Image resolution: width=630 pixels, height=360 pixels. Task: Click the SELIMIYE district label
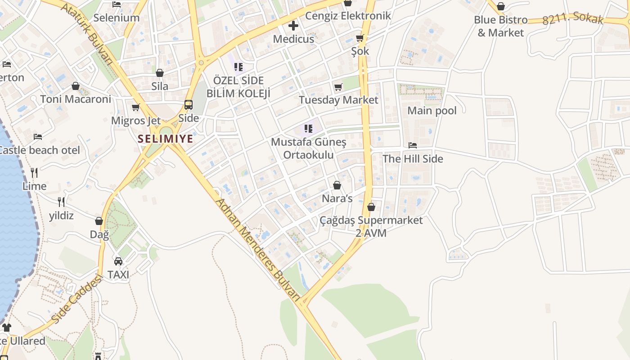point(166,139)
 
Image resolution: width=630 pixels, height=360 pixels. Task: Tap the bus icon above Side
point(189,105)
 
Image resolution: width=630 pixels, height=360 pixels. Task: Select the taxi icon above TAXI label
point(118,261)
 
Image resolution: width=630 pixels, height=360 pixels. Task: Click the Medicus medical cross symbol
point(293,26)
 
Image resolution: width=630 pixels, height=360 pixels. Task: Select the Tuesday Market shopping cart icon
point(338,87)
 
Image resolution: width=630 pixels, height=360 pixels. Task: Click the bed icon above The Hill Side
point(413,145)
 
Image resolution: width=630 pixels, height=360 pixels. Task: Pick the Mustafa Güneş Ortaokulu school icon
point(308,129)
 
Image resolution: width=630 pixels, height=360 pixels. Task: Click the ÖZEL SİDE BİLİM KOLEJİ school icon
point(238,67)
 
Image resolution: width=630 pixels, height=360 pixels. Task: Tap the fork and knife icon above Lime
point(34,172)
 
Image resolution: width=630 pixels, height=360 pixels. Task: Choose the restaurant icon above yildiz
point(61,202)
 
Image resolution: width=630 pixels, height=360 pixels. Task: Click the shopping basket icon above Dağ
point(99,221)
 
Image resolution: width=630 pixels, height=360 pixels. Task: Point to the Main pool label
point(432,111)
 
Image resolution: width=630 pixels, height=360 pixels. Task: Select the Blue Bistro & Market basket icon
point(500,6)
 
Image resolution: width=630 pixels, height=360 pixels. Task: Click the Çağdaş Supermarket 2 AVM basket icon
point(371,207)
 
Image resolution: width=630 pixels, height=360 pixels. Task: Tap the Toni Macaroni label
point(76,99)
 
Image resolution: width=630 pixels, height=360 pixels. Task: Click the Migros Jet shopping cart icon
point(135,107)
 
